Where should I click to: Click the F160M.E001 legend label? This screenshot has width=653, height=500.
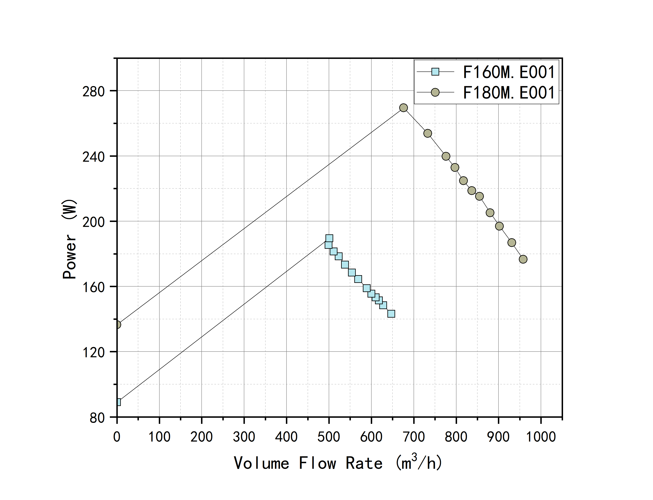(509, 72)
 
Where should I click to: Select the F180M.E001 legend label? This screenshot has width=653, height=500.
(509, 93)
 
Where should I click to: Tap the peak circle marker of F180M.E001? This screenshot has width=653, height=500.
(403, 108)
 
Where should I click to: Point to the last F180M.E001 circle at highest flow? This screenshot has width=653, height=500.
(523, 259)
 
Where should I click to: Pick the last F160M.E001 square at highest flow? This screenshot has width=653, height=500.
(391, 314)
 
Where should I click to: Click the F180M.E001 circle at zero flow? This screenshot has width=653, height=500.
(118, 324)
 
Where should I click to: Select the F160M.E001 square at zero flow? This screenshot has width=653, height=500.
(118, 402)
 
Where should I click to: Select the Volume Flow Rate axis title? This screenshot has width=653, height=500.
(338, 463)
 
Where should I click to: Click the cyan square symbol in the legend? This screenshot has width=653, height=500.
(435, 72)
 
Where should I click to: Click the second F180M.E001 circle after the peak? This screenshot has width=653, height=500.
(446, 156)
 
